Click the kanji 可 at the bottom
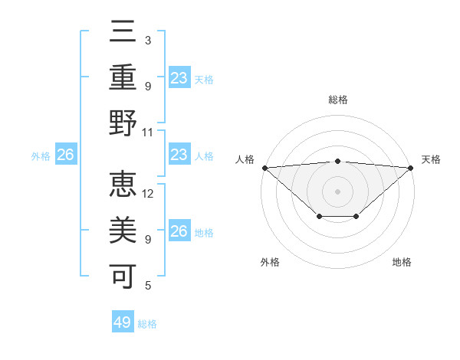[123, 273]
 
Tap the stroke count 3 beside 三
[148, 40]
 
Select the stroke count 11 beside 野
[148, 132]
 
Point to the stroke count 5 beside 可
[148, 286]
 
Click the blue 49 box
[123, 322]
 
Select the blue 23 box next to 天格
[179, 77]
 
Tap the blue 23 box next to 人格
[179, 155]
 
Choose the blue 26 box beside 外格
[65, 155]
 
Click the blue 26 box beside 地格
[179, 231]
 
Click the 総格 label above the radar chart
[338, 100]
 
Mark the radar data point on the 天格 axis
[411, 168]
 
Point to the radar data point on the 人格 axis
[264, 168]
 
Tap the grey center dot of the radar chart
[338, 191]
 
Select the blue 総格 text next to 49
[147, 324]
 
